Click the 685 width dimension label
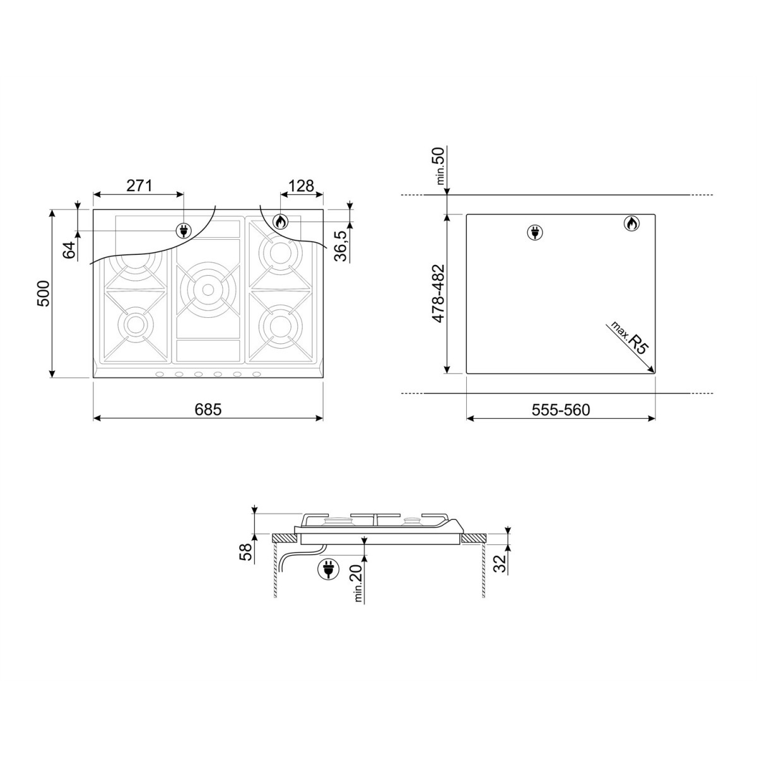208,409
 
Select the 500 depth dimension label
44,293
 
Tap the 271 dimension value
139,185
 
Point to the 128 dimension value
302,185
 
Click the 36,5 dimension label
340,246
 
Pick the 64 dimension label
69,250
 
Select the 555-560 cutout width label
561,410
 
